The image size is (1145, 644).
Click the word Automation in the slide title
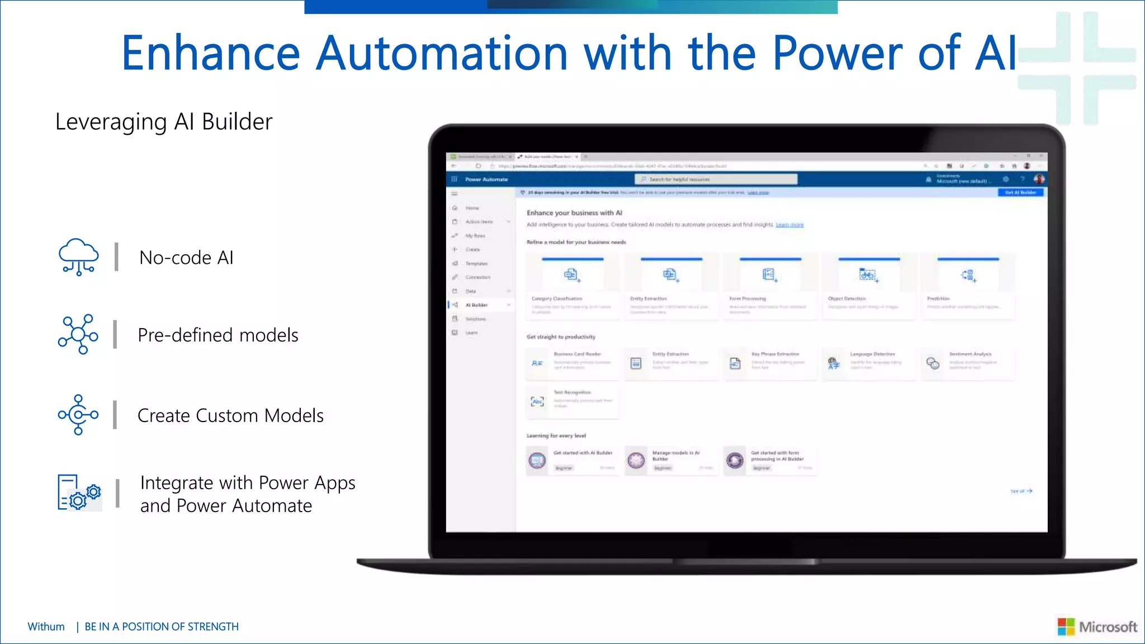442,53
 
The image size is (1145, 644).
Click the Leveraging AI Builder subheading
164,122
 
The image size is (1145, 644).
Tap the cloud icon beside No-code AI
79,257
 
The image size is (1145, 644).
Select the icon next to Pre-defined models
78,334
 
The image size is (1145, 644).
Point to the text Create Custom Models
230,416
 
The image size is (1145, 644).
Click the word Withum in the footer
46,627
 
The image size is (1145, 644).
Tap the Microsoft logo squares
1066,627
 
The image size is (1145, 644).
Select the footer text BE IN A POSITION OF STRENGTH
162,627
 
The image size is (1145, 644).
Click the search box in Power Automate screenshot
716,179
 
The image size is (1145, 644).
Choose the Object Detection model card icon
868,275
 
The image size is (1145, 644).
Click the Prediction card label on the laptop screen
938,299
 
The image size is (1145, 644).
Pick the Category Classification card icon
571,274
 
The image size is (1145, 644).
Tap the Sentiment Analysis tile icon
933,363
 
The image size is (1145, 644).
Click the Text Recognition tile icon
537,401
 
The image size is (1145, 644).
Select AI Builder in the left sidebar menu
476,305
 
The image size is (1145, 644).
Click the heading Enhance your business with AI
574,213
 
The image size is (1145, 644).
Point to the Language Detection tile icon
834,363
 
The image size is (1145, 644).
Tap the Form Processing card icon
770,274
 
